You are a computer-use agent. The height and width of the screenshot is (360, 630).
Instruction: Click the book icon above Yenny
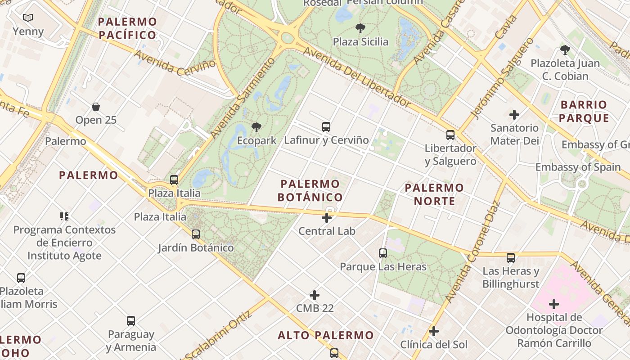coord(28,18)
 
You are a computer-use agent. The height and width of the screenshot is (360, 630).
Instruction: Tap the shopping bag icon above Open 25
coord(96,107)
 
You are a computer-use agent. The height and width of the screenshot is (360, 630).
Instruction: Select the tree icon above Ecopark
coord(256,127)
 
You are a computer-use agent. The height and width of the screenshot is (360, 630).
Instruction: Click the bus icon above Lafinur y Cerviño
coord(326,127)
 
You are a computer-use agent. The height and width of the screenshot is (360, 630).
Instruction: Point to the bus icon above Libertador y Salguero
coord(450,135)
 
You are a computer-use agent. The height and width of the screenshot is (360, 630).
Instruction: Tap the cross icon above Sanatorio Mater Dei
coord(514,115)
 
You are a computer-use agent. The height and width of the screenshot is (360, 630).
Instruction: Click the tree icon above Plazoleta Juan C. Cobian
coord(565,50)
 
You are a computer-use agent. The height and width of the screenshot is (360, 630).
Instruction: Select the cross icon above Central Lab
coord(327,218)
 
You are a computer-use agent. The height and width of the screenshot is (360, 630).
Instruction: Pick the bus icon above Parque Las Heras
coord(383,253)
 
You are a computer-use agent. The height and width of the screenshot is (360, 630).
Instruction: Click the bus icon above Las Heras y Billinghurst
coord(511,258)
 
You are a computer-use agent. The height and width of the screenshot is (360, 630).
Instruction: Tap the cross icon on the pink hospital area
coord(554,304)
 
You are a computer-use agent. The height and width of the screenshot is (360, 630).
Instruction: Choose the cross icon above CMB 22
coord(315,295)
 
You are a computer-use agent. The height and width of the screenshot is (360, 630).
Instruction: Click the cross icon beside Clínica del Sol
coord(434,332)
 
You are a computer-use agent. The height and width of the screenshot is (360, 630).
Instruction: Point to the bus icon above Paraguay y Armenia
coord(131,321)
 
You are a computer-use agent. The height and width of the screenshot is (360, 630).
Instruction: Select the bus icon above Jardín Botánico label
coord(196,234)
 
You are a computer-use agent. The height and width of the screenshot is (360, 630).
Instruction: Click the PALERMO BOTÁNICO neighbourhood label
coord(310,190)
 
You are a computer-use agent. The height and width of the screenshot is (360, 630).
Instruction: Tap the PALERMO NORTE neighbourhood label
coord(434,194)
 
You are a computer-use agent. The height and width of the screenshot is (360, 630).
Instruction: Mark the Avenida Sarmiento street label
coord(242,98)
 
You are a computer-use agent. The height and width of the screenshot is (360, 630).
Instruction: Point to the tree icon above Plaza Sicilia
coord(360,28)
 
